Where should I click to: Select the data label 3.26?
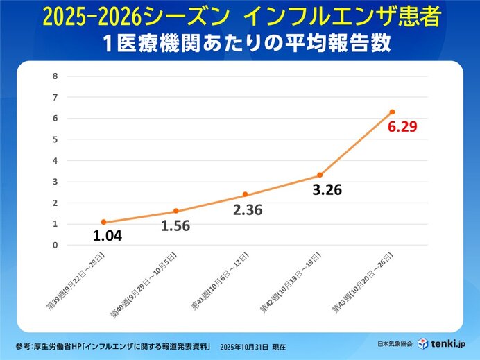tap(327, 189)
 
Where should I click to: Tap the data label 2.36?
tap(248, 209)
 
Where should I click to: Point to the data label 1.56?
tap(175, 225)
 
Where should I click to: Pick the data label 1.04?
tap(108, 237)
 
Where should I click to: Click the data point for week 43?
tap(392, 112)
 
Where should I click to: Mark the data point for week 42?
tap(320, 175)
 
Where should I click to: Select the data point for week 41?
tap(245, 194)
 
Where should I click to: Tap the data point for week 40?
tap(175, 211)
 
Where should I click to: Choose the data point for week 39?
tap(103, 222)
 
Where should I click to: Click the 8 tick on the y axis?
tap(55, 76)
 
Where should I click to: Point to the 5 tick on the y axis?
tap(55, 139)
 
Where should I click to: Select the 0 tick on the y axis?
tap(55, 245)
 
